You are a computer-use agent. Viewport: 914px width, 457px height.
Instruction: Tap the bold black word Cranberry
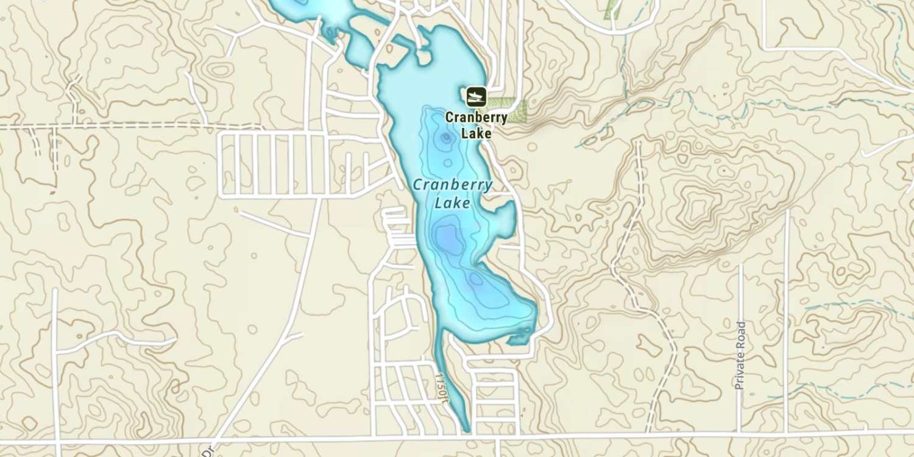coord(476,118)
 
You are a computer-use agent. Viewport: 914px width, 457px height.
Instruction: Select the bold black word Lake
coord(476,133)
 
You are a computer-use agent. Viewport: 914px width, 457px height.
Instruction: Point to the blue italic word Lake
coord(453,202)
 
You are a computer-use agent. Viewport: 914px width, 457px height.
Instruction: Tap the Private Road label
coord(740,356)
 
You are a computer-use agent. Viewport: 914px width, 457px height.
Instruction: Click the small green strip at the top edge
coord(611,9)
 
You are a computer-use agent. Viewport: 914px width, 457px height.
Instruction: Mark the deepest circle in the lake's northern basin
coord(446,138)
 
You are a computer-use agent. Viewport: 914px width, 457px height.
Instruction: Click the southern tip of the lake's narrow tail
coord(467,430)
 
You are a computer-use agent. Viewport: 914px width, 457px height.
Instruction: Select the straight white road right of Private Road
coord(787,317)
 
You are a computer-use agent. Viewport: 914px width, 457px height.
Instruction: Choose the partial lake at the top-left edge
coord(311,9)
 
